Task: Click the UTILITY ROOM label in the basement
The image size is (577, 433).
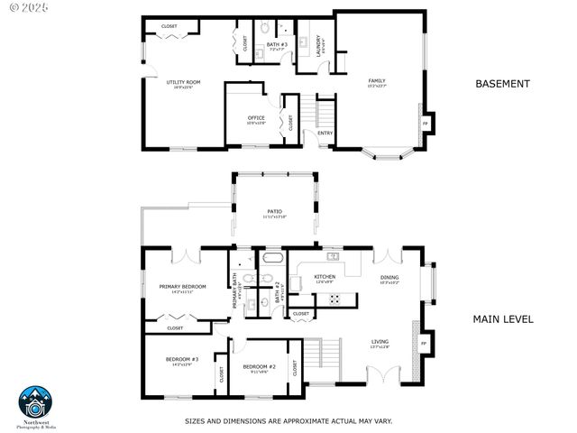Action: tap(183, 83)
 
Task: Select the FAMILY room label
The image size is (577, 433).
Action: tap(376, 81)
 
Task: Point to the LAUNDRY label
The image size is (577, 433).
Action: tap(319, 41)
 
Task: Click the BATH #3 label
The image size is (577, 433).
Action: tap(277, 44)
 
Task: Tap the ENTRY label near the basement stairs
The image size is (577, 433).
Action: tap(325, 134)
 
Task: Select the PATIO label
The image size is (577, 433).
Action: tap(274, 213)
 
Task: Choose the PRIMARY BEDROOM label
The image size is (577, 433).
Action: tap(182, 288)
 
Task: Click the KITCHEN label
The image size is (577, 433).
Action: tap(325, 277)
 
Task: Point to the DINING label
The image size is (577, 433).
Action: tap(389, 278)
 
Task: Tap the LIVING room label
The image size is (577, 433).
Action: tap(380, 342)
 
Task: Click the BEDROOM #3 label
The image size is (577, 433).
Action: tap(181, 360)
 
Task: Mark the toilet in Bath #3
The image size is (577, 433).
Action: tap(264, 29)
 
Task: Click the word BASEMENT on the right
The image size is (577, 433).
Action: tap(502, 84)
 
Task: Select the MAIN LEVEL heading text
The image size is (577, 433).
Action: tap(503, 318)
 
